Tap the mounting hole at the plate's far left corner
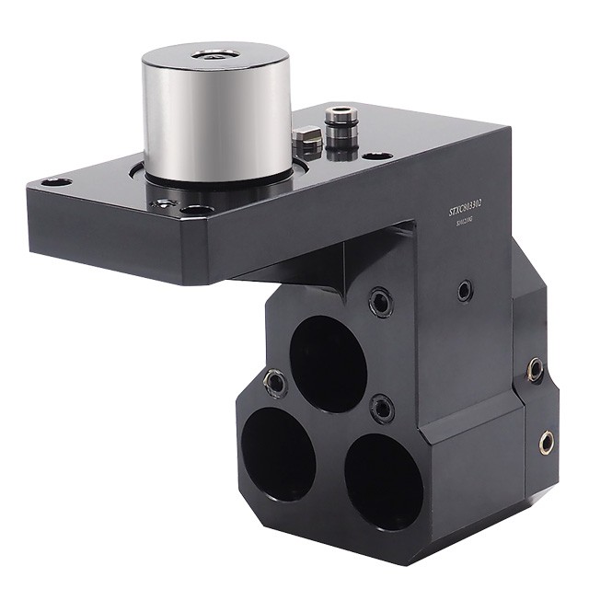[x=52, y=181]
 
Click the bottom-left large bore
[x=278, y=452]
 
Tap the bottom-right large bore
[x=383, y=478]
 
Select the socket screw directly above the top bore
[x=377, y=299]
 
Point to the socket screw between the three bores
[x=378, y=406]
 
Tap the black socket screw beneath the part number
[x=466, y=292]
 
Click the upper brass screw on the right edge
[x=535, y=370]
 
